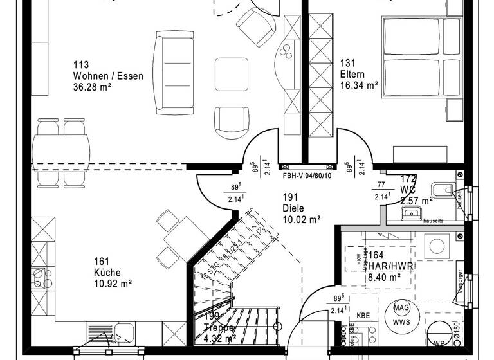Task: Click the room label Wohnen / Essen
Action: click(x=108, y=76)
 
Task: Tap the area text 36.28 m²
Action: click(x=96, y=87)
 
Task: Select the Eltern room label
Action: click(x=352, y=74)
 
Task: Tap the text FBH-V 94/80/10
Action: click(x=307, y=175)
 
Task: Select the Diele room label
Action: click(x=292, y=208)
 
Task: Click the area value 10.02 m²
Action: click(x=301, y=219)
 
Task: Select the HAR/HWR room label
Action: click(x=387, y=266)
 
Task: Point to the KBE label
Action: click(x=363, y=316)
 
